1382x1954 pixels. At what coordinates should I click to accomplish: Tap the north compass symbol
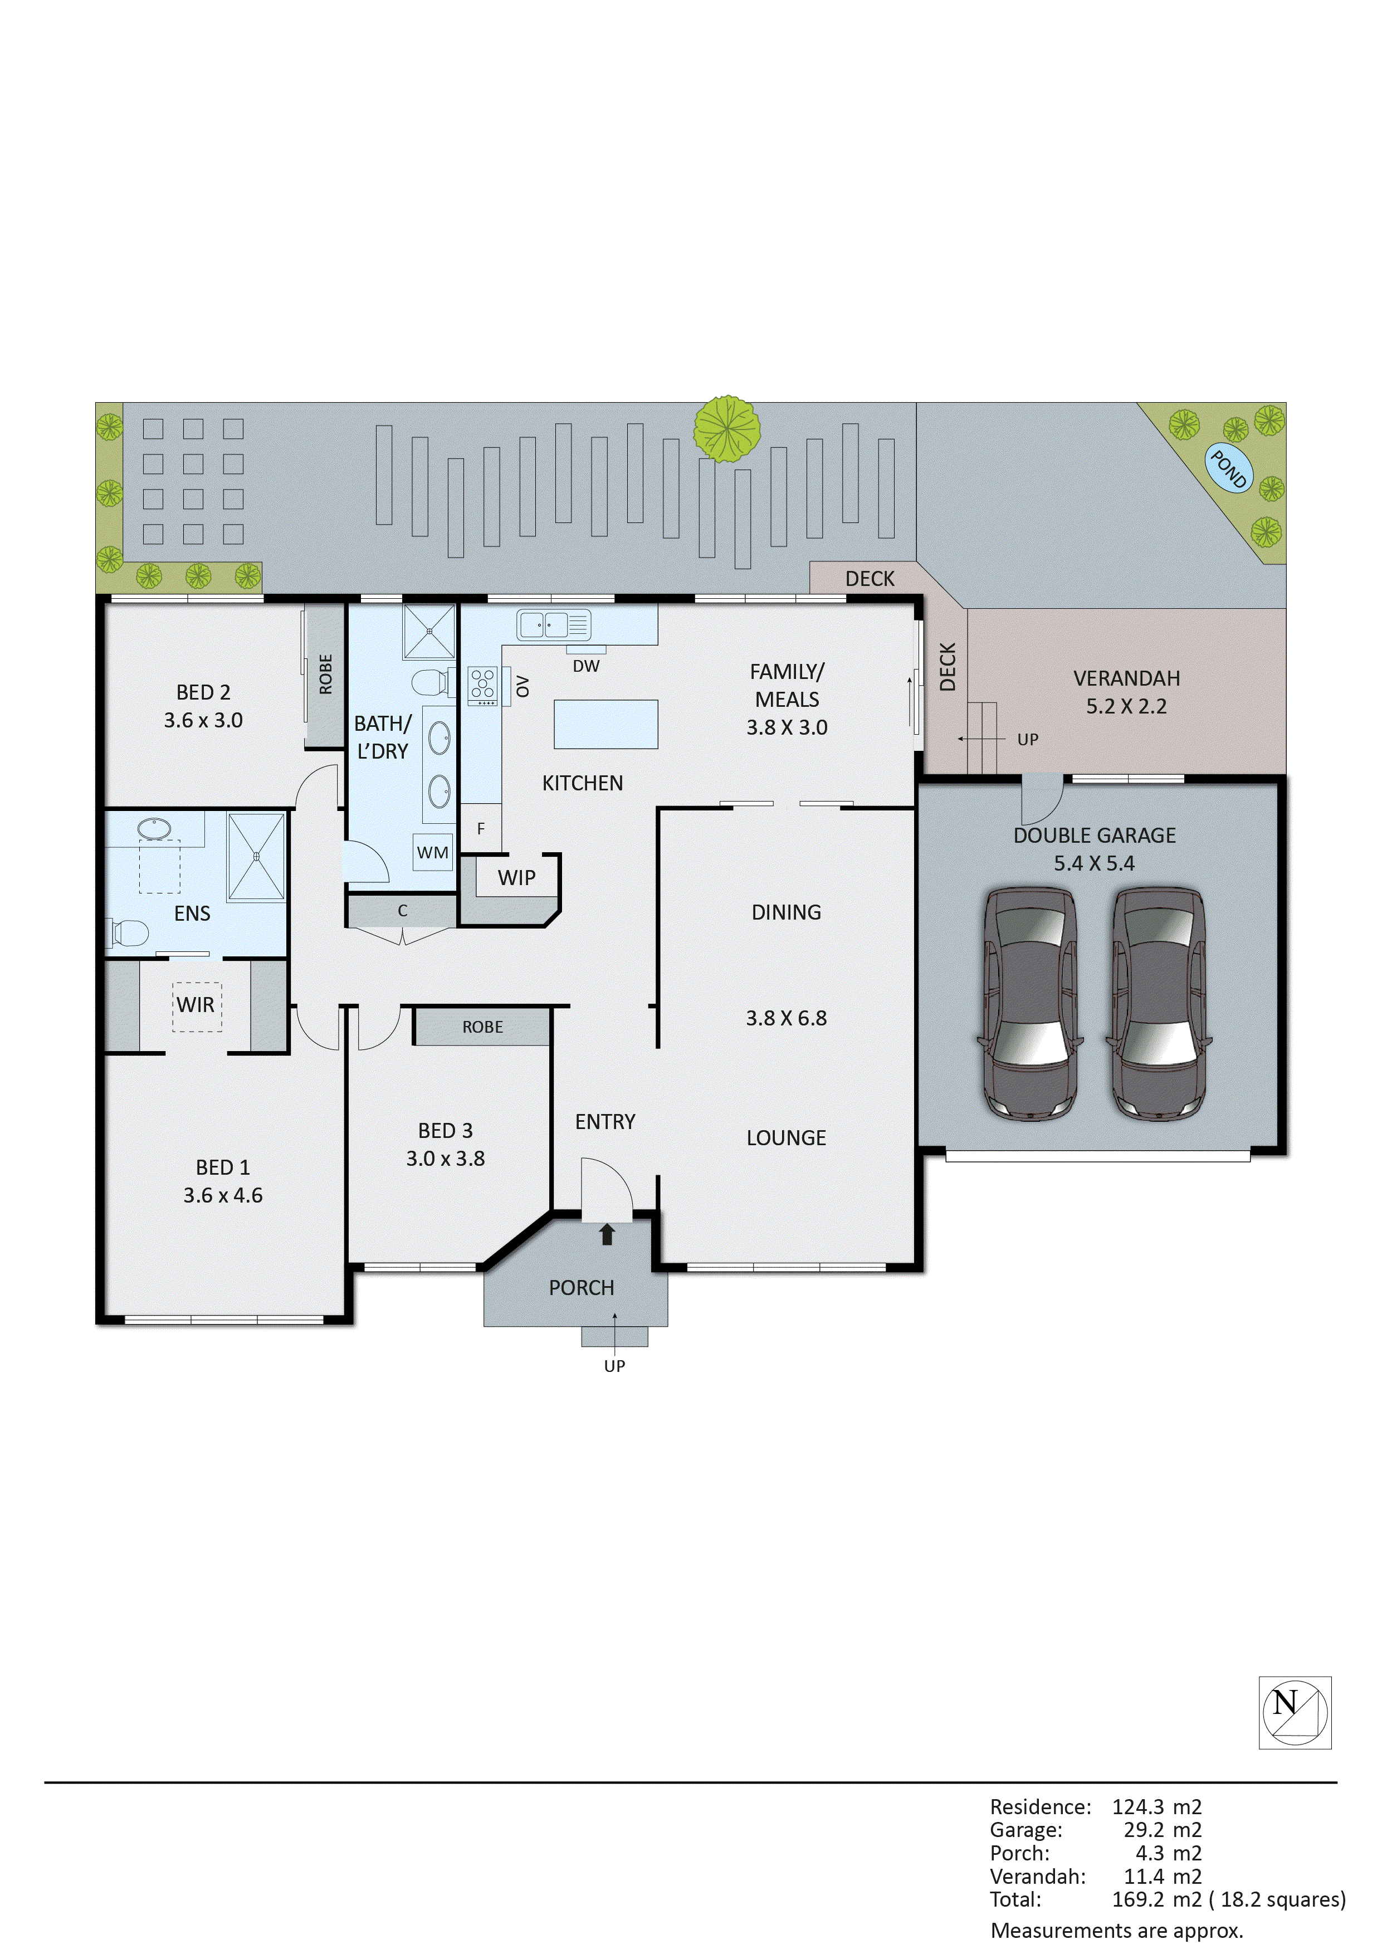click(1295, 1712)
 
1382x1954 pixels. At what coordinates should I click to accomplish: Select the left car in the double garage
click(1030, 1004)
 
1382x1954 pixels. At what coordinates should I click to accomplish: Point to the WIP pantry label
click(516, 877)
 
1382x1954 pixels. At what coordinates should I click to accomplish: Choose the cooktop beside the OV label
click(482, 686)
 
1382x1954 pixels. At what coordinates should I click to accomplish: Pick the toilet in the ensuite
click(128, 932)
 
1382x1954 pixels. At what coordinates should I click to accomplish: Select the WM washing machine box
click(432, 852)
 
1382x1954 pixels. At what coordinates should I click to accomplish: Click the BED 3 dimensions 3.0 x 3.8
click(445, 1158)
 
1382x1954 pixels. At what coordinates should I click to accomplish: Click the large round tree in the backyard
click(727, 429)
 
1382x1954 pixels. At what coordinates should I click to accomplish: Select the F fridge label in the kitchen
click(481, 828)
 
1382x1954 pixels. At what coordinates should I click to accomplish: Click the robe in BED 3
click(482, 1027)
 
